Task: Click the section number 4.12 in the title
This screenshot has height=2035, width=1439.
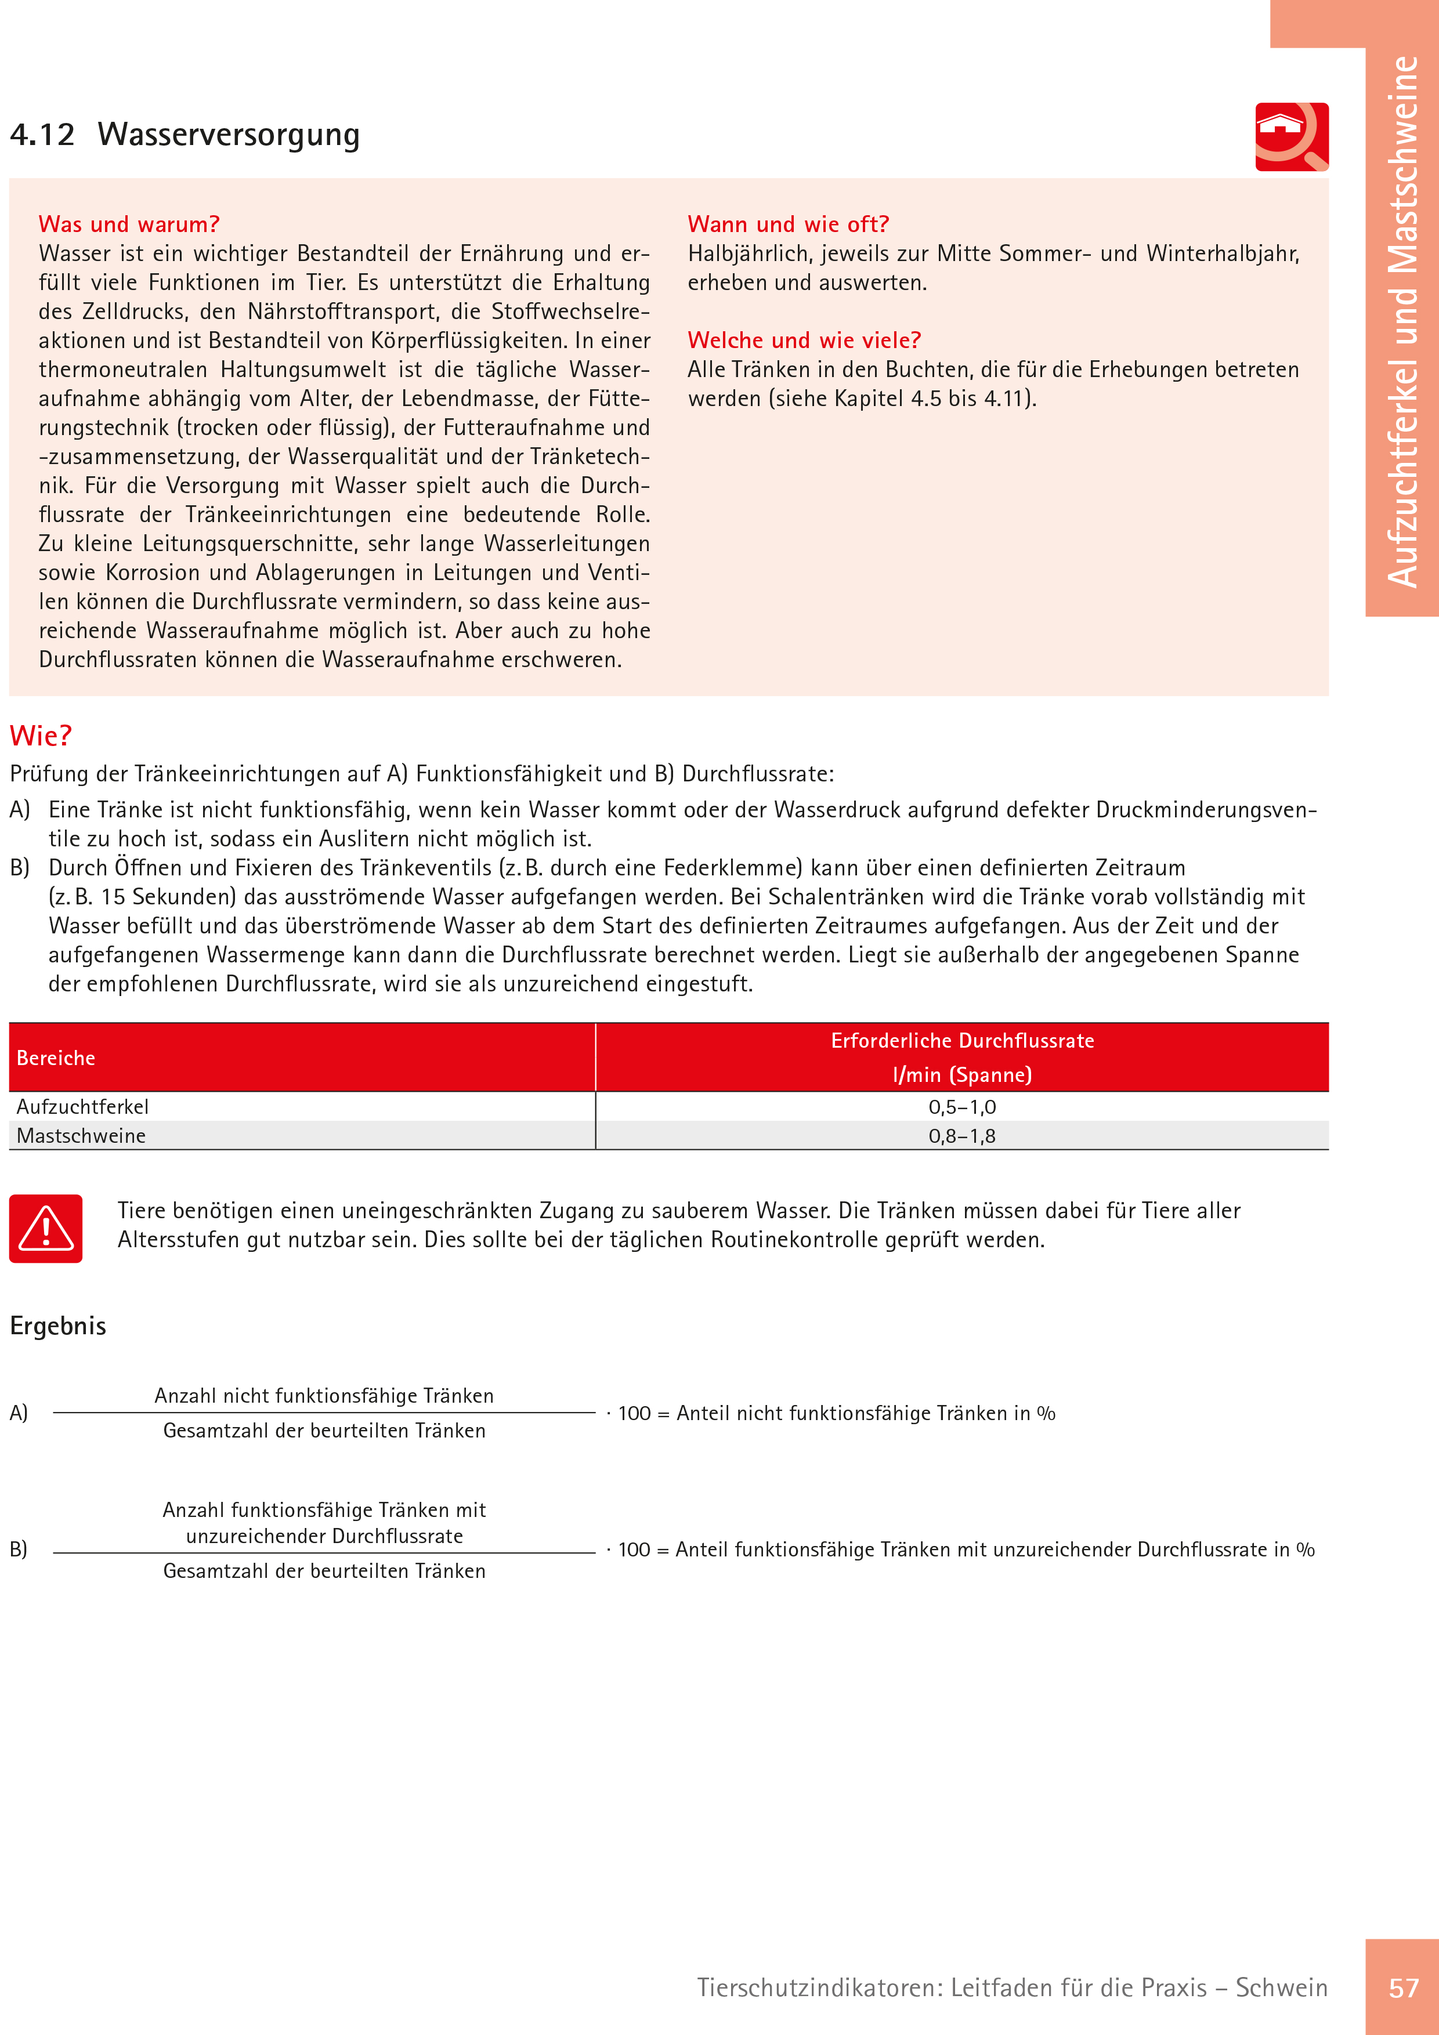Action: coord(42,135)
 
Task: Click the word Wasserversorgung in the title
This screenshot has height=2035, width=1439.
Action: coord(229,135)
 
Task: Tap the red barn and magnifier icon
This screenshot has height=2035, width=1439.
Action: coord(1291,136)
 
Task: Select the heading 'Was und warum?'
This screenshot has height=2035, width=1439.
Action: coord(129,224)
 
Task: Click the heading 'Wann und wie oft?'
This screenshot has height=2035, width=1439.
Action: coord(787,224)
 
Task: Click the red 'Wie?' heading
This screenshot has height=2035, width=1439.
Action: coord(40,736)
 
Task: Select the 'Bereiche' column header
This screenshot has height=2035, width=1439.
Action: coord(56,1058)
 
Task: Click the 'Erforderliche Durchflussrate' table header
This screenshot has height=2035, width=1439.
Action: coord(962,1041)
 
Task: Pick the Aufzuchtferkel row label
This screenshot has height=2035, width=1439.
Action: coord(82,1107)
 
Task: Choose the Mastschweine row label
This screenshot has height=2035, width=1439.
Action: coord(81,1136)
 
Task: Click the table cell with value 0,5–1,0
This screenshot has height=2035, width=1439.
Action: coord(962,1107)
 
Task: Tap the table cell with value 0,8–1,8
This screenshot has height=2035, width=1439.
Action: coord(962,1136)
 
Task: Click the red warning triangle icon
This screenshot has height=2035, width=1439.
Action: coord(46,1229)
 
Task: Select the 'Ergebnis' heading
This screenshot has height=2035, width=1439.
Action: coord(57,1326)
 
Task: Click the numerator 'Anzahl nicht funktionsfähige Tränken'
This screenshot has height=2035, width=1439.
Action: coord(324,1396)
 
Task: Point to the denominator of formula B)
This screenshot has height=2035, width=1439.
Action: coord(324,1571)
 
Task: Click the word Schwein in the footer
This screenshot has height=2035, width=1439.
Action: coord(1281,1988)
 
